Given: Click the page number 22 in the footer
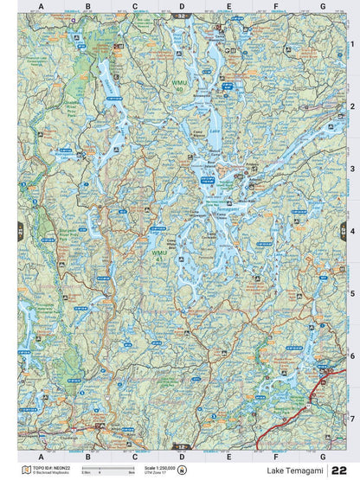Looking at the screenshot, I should tap(348, 468).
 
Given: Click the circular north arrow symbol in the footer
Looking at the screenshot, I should tap(183, 468).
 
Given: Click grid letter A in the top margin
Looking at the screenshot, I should tap(41, 7).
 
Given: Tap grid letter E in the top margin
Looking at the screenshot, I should tap(228, 7).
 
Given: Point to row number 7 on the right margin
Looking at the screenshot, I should tap(352, 419).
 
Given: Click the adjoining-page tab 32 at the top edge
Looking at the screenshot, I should tap(181, 16).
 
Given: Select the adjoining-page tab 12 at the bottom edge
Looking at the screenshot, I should tap(181, 447).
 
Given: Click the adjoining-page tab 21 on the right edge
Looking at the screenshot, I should tap(341, 231).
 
